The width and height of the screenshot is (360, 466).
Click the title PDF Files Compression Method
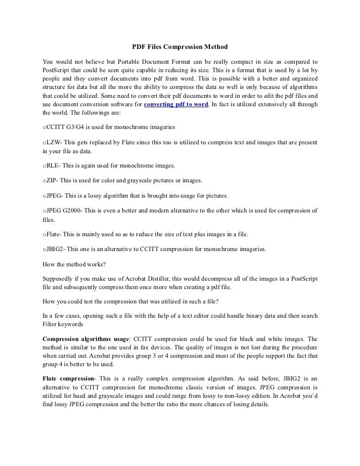click(x=180, y=47)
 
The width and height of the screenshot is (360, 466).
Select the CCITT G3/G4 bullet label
click(x=63, y=127)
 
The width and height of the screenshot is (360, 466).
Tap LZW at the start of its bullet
click(x=52, y=143)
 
